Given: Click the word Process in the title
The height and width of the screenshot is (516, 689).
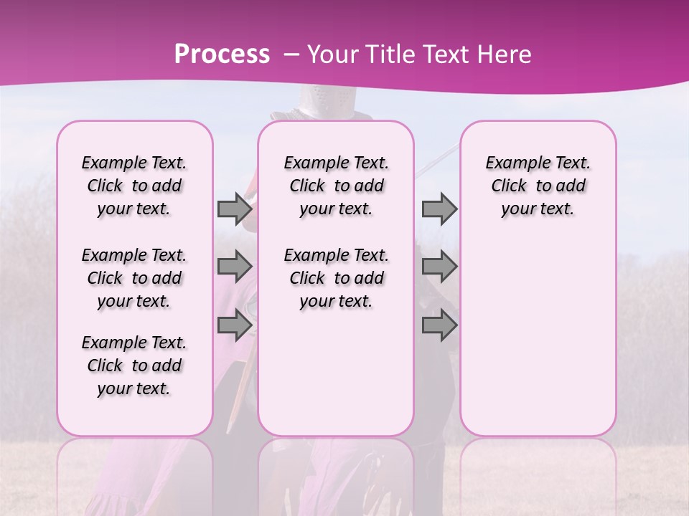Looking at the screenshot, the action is [222, 54].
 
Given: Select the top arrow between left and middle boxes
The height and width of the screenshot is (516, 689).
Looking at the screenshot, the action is [235, 209].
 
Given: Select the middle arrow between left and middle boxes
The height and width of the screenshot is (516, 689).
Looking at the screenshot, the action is [235, 267].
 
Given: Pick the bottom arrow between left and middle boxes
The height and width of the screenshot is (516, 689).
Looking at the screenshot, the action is [235, 325].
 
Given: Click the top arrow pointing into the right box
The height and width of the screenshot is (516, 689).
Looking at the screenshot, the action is [439, 209].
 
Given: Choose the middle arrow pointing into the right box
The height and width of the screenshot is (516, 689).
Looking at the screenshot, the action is [439, 267].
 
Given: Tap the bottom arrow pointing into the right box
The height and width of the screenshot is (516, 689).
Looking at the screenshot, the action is [439, 325].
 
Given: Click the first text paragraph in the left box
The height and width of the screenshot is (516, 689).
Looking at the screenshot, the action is [134, 186].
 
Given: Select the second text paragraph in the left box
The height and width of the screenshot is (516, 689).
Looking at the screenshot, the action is [134, 278].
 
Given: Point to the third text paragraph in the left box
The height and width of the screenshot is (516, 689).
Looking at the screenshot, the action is [134, 365].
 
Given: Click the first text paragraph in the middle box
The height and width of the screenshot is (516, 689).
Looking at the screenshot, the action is [336, 186].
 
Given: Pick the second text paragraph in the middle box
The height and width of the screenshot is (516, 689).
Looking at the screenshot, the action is [336, 278].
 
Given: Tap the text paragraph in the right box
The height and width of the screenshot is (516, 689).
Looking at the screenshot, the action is [538, 186].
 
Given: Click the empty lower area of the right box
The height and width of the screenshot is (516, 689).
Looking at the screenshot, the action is [538, 337].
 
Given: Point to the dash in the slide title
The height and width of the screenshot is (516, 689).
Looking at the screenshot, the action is [290, 54].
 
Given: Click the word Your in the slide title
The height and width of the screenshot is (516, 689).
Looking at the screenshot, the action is [332, 54].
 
